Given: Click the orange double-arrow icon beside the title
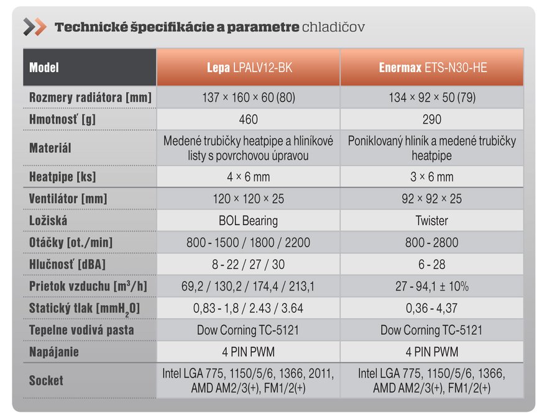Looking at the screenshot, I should pos(34,27).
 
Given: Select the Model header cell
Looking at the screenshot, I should pos(45,68).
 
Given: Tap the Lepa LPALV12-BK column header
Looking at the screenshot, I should pos(249,68).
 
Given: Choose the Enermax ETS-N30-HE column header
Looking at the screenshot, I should pos(432,68).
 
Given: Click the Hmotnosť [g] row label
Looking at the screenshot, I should pos(63,119).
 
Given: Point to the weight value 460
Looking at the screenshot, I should pos(248,119).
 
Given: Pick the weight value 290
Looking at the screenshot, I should pos(431,119).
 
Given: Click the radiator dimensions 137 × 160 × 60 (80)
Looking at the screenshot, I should pos(248,98).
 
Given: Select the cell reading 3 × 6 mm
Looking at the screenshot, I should pos(431,176).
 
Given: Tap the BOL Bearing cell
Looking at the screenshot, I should pos(248,220).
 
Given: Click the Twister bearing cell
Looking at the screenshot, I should pos(431,220).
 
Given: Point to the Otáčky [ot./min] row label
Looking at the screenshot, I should pos(71,242).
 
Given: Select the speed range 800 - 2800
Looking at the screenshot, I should pos(431,242).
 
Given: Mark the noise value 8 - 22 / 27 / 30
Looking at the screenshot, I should pos(248,265).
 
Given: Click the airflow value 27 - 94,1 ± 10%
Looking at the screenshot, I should pos(431,286).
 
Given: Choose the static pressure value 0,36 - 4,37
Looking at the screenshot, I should pos(431,308).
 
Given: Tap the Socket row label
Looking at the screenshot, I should pos(46,380).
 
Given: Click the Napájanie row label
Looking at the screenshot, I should pos(54,352).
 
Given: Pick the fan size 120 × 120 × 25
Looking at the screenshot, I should pos(248,199).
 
